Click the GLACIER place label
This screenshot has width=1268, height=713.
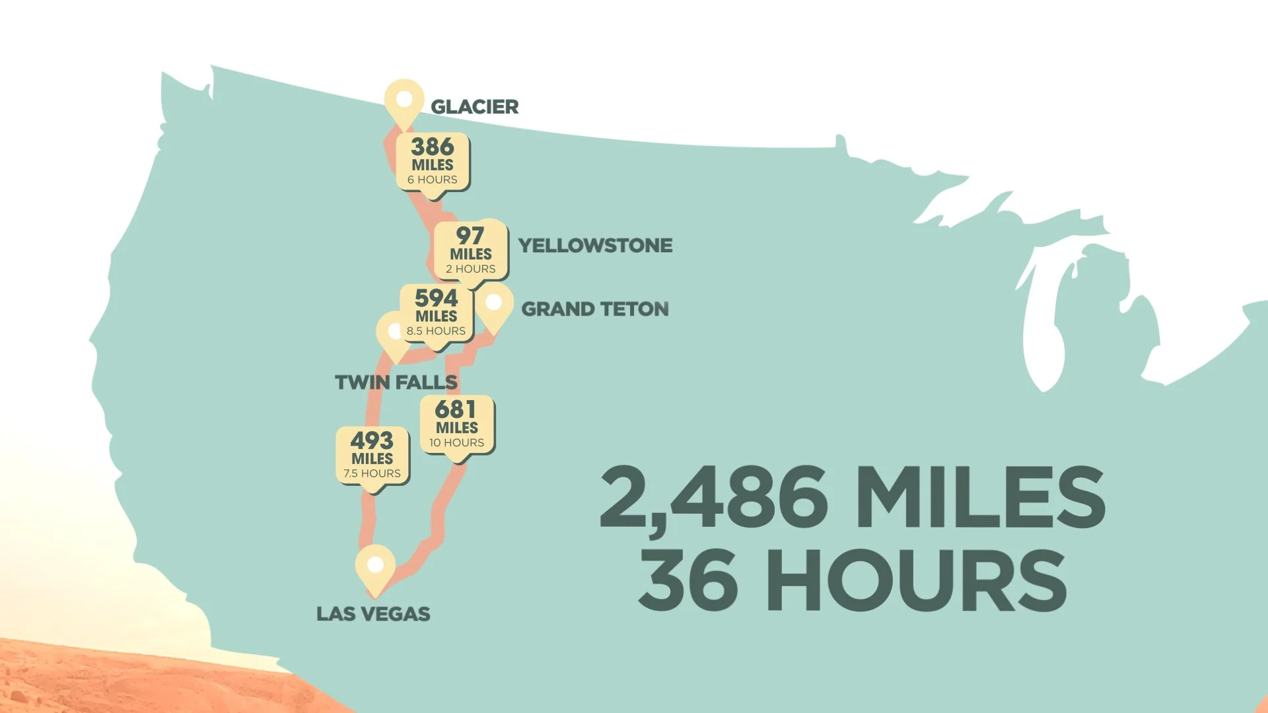(474, 107)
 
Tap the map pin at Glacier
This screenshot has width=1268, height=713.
(404, 101)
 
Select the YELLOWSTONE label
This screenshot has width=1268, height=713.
(595, 246)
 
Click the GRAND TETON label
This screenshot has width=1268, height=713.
(595, 309)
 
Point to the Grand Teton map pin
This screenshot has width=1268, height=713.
(494, 304)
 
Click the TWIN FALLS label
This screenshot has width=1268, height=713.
(396, 382)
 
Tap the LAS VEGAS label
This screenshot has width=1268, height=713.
(373, 614)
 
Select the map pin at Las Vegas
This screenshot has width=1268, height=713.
(375, 566)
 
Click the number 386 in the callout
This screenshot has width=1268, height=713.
(433, 147)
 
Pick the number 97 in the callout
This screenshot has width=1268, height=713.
(470, 236)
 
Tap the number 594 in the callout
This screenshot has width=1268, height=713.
(437, 298)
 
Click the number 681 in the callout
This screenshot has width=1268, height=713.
(456, 409)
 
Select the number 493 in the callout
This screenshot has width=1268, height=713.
(372, 440)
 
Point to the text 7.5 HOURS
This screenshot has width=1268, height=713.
(372, 473)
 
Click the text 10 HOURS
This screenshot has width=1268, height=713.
(456, 443)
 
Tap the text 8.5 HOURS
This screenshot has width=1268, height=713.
(436, 331)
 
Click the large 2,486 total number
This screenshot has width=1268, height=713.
(713, 498)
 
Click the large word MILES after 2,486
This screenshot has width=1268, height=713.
(980, 498)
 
